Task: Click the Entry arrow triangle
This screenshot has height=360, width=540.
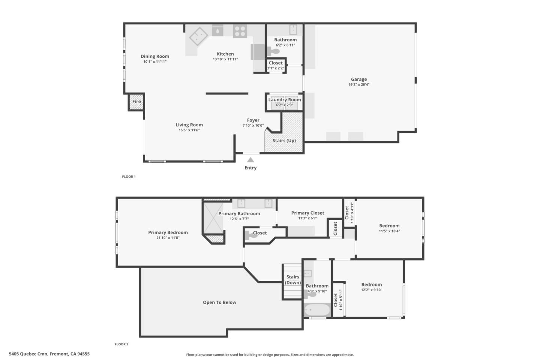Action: coord(250,160)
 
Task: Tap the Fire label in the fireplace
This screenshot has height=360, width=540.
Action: coord(136,102)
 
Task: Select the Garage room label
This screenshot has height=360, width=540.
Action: coord(359,79)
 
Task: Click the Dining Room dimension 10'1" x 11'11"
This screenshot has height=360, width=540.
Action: coord(155,61)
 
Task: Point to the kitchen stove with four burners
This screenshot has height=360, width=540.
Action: coord(240,31)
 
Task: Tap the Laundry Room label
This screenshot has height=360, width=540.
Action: coord(284,100)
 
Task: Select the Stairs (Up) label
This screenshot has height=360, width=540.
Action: coord(284,141)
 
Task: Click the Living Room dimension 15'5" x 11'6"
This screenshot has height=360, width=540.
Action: coord(189,130)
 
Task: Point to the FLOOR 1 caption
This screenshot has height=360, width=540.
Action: coord(129,177)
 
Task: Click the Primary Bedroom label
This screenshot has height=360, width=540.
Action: coord(168,232)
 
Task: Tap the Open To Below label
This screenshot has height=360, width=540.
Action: coord(219,302)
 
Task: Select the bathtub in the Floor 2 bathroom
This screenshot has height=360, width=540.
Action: coord(317,310)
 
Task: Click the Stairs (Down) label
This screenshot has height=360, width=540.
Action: coord(293,280)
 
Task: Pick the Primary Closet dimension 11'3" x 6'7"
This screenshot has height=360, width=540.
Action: coord(307,218)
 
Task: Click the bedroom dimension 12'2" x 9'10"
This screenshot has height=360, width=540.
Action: coord(372,290)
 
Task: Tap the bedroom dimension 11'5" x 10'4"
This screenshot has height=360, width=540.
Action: coord(389,231)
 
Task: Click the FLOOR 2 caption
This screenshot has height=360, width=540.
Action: coord(121,344)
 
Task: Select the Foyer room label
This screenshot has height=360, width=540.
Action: coord(253,120)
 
